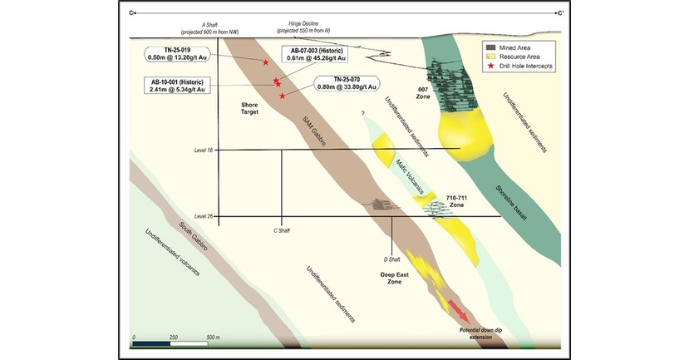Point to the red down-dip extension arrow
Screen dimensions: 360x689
(x=458, y=311)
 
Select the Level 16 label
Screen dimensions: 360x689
(x=203, y=150)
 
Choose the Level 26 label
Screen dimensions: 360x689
(x=203, y=217)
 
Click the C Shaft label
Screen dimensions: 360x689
(x=282, y=230)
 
